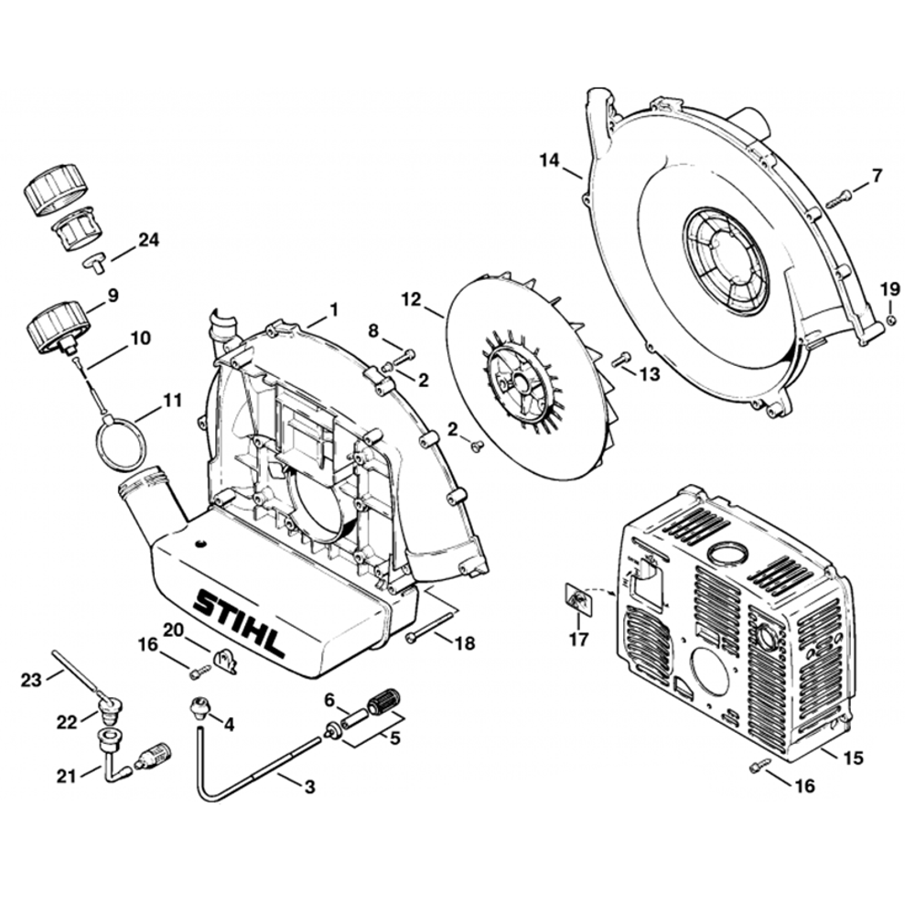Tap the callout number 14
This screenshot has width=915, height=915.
click(548, 159)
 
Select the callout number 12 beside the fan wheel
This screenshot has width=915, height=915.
click(411, 300)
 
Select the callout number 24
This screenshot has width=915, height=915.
click(148, 241)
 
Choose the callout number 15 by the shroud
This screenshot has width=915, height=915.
click(853, 758)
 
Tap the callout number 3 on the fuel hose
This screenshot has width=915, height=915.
click(309, 786)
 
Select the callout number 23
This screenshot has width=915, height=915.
click(31, 680)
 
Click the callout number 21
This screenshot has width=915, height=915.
click(66, 777)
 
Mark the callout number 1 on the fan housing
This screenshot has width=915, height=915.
click(333, 310)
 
